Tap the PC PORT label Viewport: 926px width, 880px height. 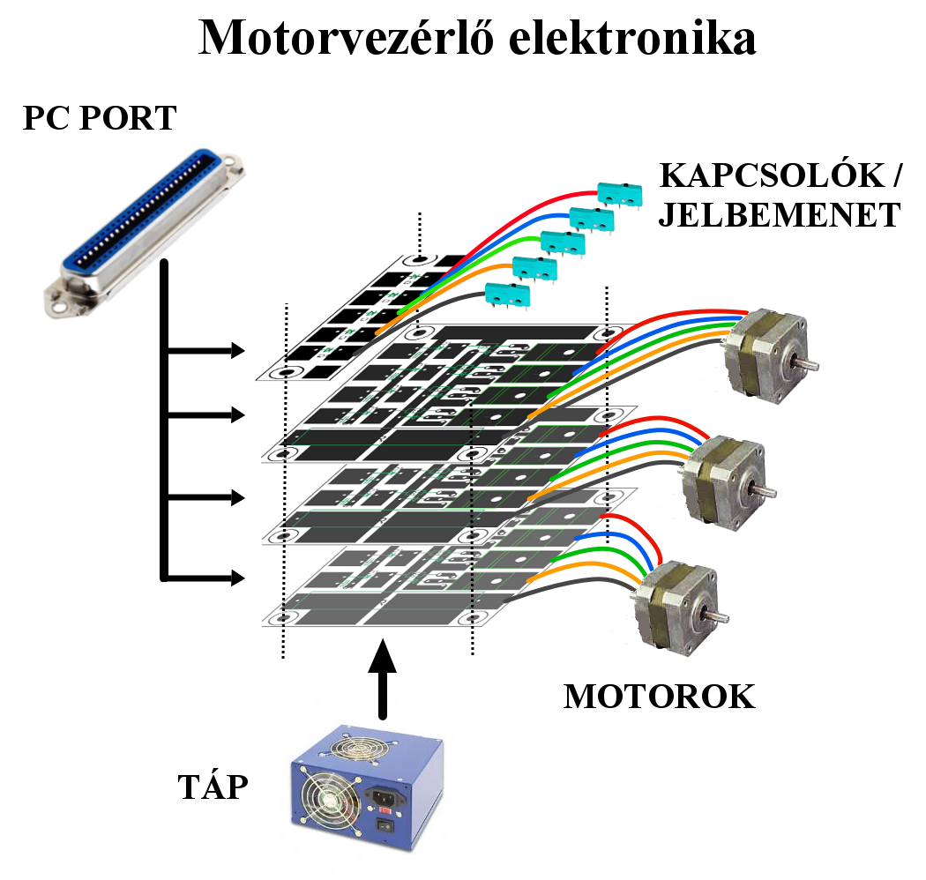coord(100,117)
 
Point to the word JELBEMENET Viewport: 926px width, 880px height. coord(779,215)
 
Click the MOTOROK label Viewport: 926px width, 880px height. coord(659,697)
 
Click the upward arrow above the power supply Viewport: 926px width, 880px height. coord(381,679)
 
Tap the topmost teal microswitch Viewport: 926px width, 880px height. coord(617,191)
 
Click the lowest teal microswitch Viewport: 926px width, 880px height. coord(510,296)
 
